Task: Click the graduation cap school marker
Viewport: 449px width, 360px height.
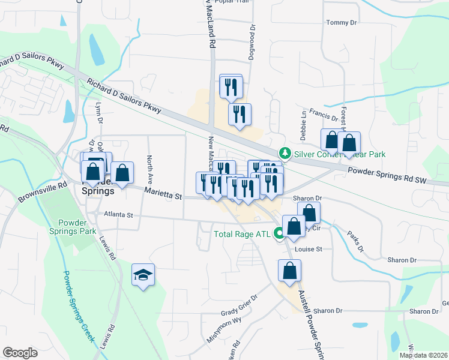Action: (143, 275)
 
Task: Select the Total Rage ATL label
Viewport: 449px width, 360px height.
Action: (243, 234)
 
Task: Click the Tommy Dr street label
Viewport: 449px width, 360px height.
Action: (341, 23)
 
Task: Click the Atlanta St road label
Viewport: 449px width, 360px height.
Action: (118, 214)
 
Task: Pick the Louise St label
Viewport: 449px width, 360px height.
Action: (309, 248)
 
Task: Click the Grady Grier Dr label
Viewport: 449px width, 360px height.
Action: (238, 307)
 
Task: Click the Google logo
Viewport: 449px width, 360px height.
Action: (20, 353)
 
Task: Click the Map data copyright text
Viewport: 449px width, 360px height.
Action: (423, 355)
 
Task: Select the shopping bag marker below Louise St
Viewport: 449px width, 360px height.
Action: (289, 271)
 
